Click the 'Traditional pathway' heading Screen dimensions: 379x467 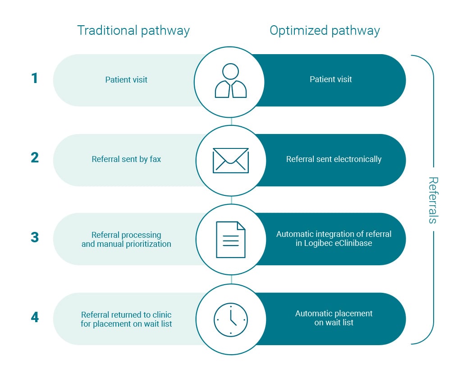133,31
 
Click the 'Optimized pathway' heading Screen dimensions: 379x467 325,31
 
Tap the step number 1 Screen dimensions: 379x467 34,79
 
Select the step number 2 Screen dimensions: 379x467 34,158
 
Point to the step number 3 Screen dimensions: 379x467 35,237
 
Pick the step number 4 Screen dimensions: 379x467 35,317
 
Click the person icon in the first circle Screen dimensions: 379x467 231,81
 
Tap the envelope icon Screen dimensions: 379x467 231,161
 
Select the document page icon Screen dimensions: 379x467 231,240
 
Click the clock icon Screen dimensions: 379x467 231,319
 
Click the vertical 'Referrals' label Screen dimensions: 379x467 433,200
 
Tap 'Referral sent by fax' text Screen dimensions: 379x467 126,159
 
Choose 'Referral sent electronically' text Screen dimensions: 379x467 334,159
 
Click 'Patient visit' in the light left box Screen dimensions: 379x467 126,80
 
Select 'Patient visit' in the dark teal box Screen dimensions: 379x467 330,79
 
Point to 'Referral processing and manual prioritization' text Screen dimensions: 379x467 126,240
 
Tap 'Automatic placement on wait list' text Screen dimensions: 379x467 334,318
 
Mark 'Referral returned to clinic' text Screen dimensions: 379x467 126,314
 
